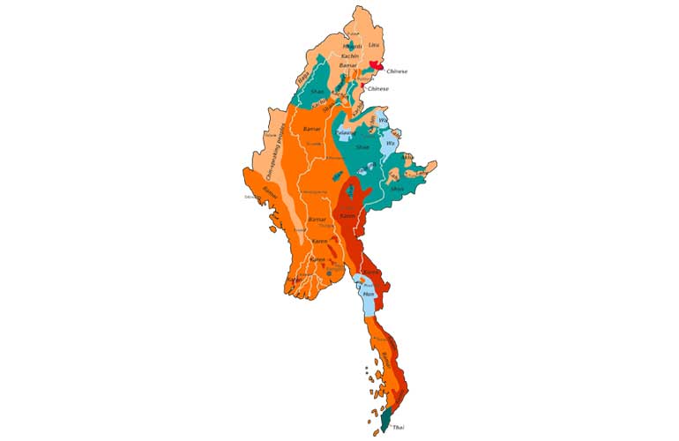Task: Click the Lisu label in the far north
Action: pos(373,45)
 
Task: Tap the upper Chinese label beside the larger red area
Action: pos(398,71)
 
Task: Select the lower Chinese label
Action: pos(378,89)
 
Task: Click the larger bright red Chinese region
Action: pos(377,67)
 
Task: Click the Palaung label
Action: pos(345,133)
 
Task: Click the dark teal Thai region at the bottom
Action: pos(386,419)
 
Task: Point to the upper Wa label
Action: pos(383,121)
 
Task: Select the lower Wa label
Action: pos(389,143)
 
